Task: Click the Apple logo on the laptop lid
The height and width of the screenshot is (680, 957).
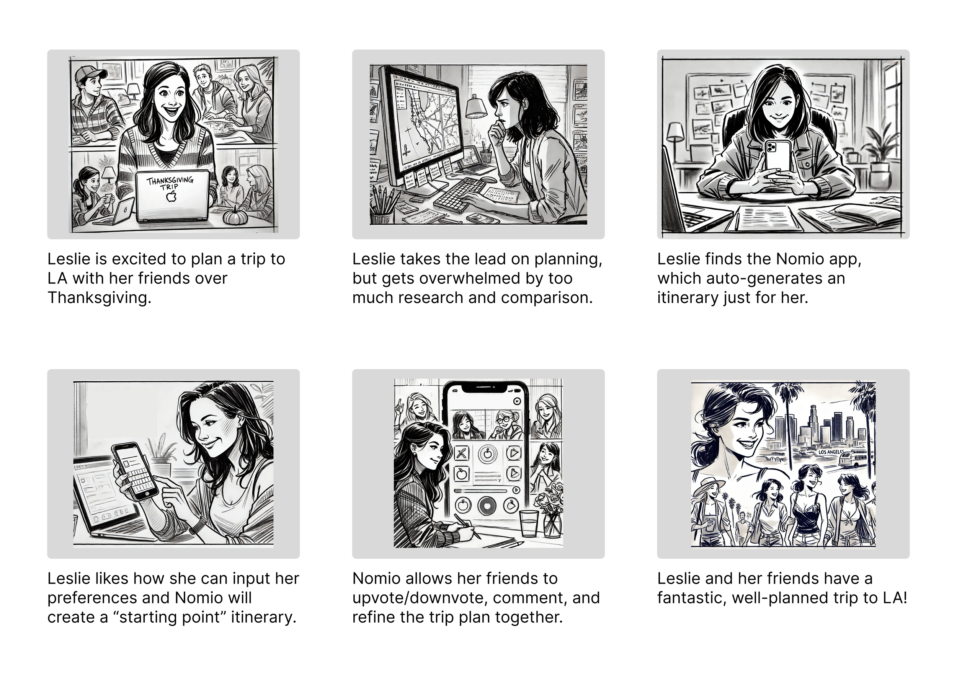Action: (x=171, y=196)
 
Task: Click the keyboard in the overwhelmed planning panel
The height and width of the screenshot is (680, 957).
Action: (x=460, y=195)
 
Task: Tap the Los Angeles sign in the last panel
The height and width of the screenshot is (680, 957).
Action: (x=831, y=452)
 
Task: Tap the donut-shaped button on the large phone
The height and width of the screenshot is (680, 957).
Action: (x=487, y=506)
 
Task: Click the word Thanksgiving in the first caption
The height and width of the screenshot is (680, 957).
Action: (x=99, y=298)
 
